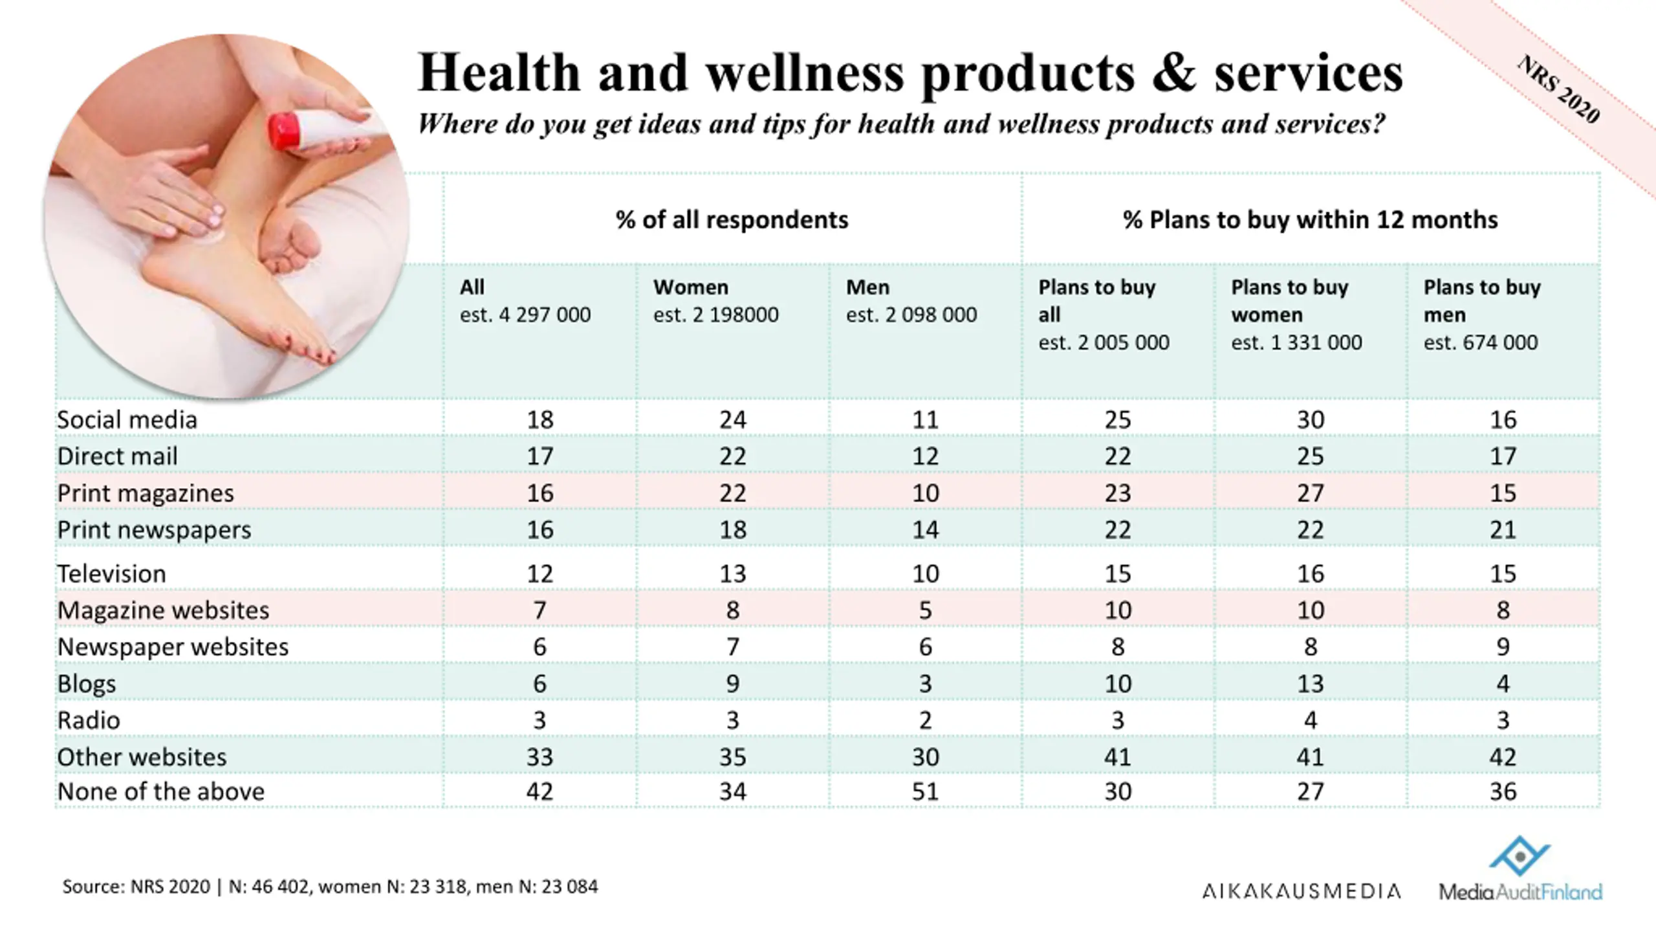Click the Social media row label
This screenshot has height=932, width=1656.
coord(127,420)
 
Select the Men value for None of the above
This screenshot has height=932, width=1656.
coord(925,792)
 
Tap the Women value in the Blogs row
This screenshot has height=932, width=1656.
coord(732,683)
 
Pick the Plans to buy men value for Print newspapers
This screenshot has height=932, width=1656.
coord(1503,530)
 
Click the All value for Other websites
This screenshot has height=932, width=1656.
coord(539,757)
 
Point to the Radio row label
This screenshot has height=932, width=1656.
coord(89,720)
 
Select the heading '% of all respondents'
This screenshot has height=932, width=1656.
coord(732,220)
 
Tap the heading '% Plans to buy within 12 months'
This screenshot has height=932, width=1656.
coord(1310,220)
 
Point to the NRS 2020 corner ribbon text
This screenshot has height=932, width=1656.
coord(1559,89)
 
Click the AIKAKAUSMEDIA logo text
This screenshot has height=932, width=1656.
coord(1301,892)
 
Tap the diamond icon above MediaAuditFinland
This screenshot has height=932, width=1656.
coord(1520,856)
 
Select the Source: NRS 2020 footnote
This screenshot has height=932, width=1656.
coord(330,887)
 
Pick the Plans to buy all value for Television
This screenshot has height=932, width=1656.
coord(1117,574)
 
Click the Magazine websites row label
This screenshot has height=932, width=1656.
coord(163,610)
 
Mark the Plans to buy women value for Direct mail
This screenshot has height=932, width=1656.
coord(1310,456)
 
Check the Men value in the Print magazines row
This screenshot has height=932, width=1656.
coord(925,493)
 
